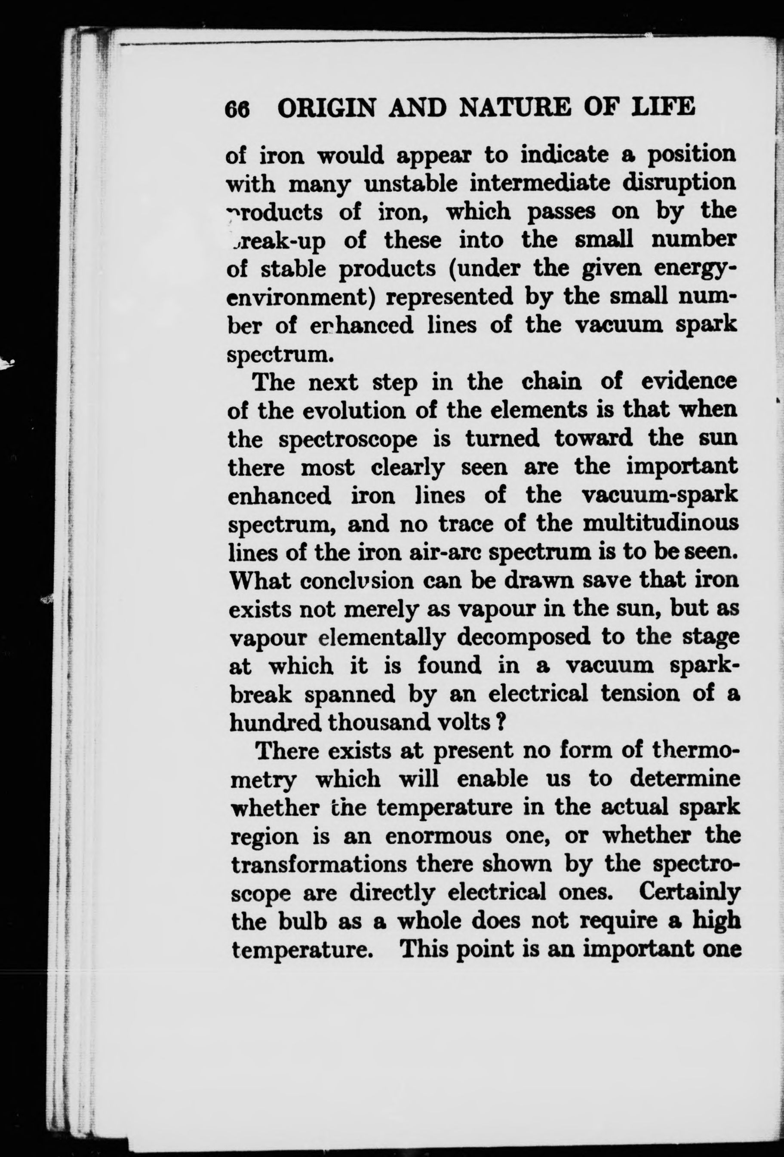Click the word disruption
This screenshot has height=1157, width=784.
(x=679, y=183)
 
